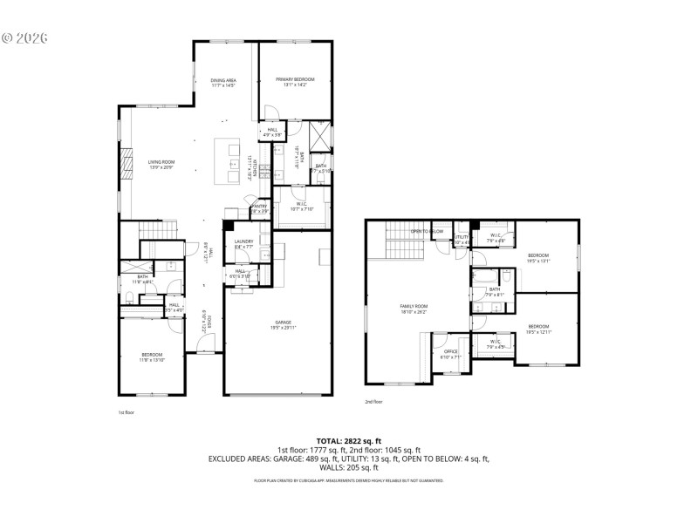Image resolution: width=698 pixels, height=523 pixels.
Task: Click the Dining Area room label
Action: click(x=223, y=83)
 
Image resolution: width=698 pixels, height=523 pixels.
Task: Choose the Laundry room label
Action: click(x=243, y=244)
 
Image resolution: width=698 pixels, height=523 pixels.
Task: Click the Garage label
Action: click(x=282, y=325)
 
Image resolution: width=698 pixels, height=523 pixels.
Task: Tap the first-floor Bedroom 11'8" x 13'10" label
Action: click(x=152, y=357)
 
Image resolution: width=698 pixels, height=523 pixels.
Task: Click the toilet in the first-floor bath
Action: click(x=130, y=299)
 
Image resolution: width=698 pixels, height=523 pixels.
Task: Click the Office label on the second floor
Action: click(x=451, y=354)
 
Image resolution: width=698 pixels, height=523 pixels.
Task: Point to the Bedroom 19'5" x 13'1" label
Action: click(x=537, y=257)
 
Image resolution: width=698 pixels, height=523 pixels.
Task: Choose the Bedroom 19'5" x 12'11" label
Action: click(x=537, y=329)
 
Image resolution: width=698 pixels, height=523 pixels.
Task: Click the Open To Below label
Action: click(x=428, y=231)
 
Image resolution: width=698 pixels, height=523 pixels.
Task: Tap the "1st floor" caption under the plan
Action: click(x=127, y=412)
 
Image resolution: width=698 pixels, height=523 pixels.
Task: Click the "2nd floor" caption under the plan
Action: click(x=374, y=402)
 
